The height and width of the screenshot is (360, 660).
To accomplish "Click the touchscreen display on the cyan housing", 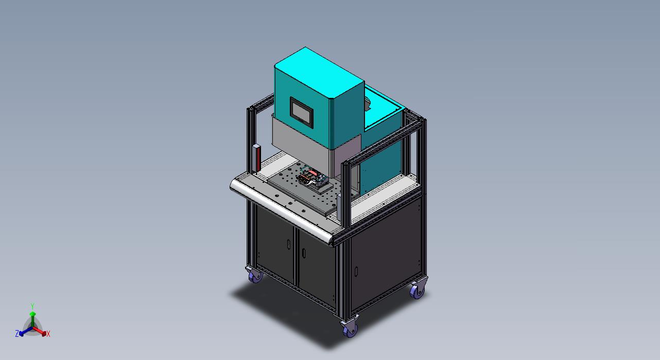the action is coord(301,113).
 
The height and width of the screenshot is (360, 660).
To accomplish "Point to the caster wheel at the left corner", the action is coord(254,275).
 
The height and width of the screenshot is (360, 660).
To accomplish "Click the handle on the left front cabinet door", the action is coord(289,244).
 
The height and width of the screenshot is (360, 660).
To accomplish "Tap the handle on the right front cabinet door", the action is coord(304,253).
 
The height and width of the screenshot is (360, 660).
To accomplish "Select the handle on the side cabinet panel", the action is coord(356,271).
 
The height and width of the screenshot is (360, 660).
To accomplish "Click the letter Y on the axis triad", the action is coord(32,306).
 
